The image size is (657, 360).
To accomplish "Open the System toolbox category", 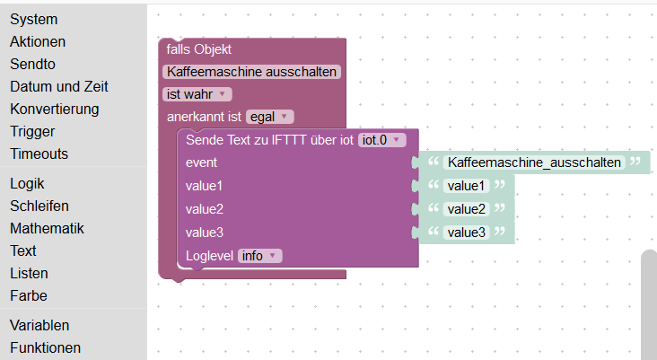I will (x=33, y=19).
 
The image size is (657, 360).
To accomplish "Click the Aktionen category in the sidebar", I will (x=38, y=41).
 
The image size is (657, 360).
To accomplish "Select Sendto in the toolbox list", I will (x=32, y=64).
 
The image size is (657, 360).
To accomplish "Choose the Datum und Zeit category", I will (x=59, y=86).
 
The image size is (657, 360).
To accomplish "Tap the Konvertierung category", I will (x=54, y=109).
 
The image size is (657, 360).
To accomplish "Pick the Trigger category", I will (x=32, y=131).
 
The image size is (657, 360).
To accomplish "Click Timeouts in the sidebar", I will (x=39, y=154).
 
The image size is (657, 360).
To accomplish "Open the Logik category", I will (x=27, y=183).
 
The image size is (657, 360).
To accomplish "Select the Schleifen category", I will (x=39, y=206).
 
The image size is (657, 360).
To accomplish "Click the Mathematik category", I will (x=47, y=228).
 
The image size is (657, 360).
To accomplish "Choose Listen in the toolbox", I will (x=29, y=273).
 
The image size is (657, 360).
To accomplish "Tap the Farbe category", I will (x=29, y=295).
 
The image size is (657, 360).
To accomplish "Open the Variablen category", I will (x=39, y=325).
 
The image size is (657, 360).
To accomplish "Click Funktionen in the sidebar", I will (x=45, y=347).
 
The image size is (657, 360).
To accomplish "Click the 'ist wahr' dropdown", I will (x=197, y=93).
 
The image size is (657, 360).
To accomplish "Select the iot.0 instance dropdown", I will (x=382, y=139).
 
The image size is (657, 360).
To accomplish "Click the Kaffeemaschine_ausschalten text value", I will (x=534, y=162).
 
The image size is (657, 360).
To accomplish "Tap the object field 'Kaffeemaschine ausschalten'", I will (x=251, y=71).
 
